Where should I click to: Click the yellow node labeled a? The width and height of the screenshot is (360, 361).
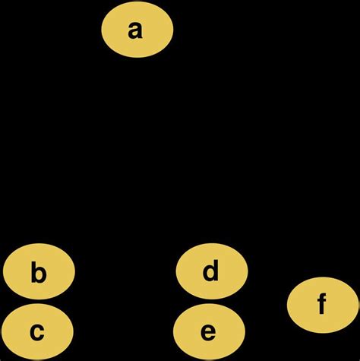137,30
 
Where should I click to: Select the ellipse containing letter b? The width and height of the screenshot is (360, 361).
39,272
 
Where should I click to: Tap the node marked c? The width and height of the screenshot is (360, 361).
37,331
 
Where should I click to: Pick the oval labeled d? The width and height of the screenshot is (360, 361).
211,270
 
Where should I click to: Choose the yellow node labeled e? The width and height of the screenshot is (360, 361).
209,331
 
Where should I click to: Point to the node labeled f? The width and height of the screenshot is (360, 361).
322,305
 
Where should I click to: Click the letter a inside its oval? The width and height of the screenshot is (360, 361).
137,30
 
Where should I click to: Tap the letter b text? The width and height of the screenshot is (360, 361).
39,272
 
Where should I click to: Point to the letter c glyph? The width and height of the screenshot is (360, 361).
37,332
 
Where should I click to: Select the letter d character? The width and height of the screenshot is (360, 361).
211,270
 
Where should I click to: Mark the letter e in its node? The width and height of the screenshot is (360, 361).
209,332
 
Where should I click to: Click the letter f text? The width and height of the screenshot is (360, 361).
322,305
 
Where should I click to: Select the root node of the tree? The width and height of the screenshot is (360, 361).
137,30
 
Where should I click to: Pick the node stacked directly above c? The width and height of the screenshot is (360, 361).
39,272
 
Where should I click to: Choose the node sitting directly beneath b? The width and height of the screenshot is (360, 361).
37,331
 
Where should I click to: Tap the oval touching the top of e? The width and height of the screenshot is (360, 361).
211,270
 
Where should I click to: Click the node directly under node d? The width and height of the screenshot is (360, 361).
209,331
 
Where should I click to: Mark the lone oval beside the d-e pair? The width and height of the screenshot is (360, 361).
322,305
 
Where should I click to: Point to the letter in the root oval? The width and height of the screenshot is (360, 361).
137,30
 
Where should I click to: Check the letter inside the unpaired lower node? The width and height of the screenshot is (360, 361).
322,305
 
